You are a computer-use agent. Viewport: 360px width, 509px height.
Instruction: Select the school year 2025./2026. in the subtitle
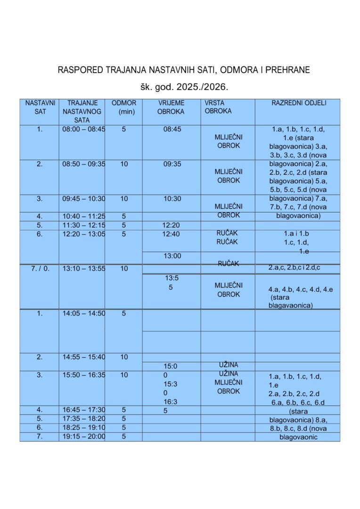pos(205,87)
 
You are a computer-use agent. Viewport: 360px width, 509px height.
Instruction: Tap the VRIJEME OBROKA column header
pos(171,107)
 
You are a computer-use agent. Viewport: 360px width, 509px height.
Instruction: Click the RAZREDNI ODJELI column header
pos(299,103)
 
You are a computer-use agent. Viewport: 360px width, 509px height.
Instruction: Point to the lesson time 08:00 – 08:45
pos(84,129)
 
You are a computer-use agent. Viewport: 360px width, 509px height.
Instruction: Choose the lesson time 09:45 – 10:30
pos(84,199)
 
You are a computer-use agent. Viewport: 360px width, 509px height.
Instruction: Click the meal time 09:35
pos(172,164)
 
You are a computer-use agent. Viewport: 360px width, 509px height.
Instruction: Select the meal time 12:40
pos(171,234)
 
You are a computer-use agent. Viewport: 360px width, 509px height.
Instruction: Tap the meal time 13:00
pos(172,256)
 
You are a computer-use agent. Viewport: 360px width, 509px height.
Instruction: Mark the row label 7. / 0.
pos(40,269)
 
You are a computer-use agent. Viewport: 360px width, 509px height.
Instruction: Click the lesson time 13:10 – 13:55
pos(84,269)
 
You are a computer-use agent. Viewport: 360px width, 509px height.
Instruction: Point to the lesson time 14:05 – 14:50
pos(84,313)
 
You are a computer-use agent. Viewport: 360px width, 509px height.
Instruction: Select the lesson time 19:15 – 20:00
pos(84,436)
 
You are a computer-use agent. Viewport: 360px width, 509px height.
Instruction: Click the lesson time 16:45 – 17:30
pos(84,410)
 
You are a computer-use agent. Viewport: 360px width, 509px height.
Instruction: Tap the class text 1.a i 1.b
pos(296,234)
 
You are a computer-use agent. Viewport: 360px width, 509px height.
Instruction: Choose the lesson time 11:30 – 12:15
pos(84,225)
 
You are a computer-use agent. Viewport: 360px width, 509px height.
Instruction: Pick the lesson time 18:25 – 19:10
pos(84,427)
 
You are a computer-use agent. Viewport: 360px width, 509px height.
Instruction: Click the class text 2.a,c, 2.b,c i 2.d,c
pos(297,268)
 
